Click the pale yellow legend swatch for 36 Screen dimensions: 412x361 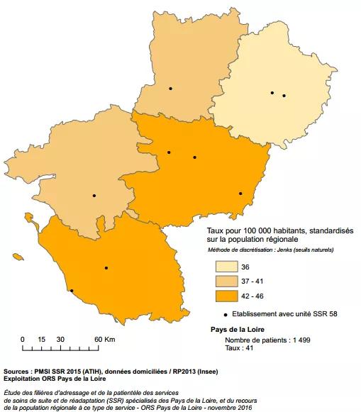[x=227, y=267]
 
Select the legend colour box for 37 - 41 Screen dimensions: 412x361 [x=227, y=282]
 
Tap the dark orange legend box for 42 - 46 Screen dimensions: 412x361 [x=227, y=296]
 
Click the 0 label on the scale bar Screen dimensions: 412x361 [x=23, y=339]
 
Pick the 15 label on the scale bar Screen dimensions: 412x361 [x=42, y=339]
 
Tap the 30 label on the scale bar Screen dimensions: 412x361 [x=61, y=339]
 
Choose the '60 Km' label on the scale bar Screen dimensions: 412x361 [x=104, y=339]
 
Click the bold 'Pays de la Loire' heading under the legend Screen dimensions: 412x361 [x=239, y=329]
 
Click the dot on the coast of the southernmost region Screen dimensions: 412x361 [x=71, y=290]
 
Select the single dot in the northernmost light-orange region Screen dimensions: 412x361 [x=170, y=88]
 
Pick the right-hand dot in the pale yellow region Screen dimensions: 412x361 [x=284, y=95]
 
